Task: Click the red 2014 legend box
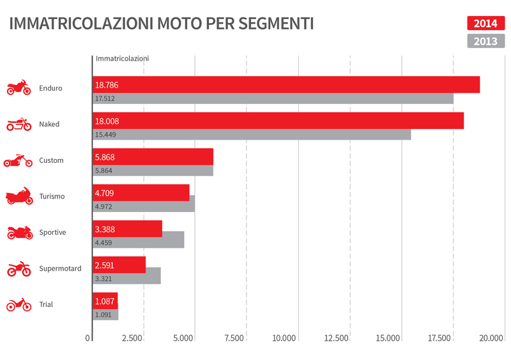pyautogui.click(x=485, y=24)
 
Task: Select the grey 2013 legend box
pyautogui.click(x=485, y=41)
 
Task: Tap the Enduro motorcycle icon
pyautogui.click(x=19, y=88)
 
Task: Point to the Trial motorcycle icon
pyautogui.click(x=19, y=305)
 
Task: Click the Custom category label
pyautogui.click(x=51, y=160)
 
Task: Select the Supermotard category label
pyautogui.click(x=60, y=269)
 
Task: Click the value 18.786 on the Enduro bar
pyautogui.click(x=107, y=85)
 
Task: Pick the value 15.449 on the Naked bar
pyautogui.click(x=105, y=135)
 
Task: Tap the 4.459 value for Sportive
pyautogui.click(x=103, y=243)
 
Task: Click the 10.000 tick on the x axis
pyautogui.click(x=284, y=338)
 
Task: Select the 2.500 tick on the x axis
pyautogui.click(x=132, y=338)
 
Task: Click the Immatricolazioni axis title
pyautogui.click(x=122, y=58)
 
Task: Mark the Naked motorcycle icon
pyautogui.click(x=19, y=124)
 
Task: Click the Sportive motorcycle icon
pyautogui.click(x=19, y=233)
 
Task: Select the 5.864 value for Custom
pyautogui.click(x=103, y=171)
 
